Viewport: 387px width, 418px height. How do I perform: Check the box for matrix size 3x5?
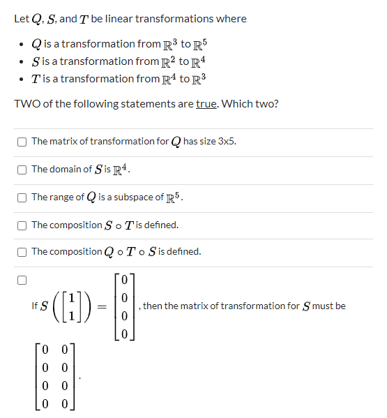click(x=23, y=142)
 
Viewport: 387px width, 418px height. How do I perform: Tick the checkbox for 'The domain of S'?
click(x=23, y=170)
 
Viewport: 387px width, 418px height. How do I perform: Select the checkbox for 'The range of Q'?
click(x=23, y=197)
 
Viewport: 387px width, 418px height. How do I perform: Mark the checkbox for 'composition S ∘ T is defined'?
click(x=23, y=225)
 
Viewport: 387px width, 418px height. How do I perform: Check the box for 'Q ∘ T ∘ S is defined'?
click(x=23, y=252)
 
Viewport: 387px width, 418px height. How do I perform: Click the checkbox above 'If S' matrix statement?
click(x=23, y=281)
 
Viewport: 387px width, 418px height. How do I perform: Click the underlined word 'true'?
click(x=206, y=104)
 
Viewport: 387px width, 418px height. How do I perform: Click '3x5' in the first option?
click(x=227, y=142)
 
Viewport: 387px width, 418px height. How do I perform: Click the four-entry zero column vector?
click(x=123, y=306)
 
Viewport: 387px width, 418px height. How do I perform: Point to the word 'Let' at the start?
click(x=21, y=19)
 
